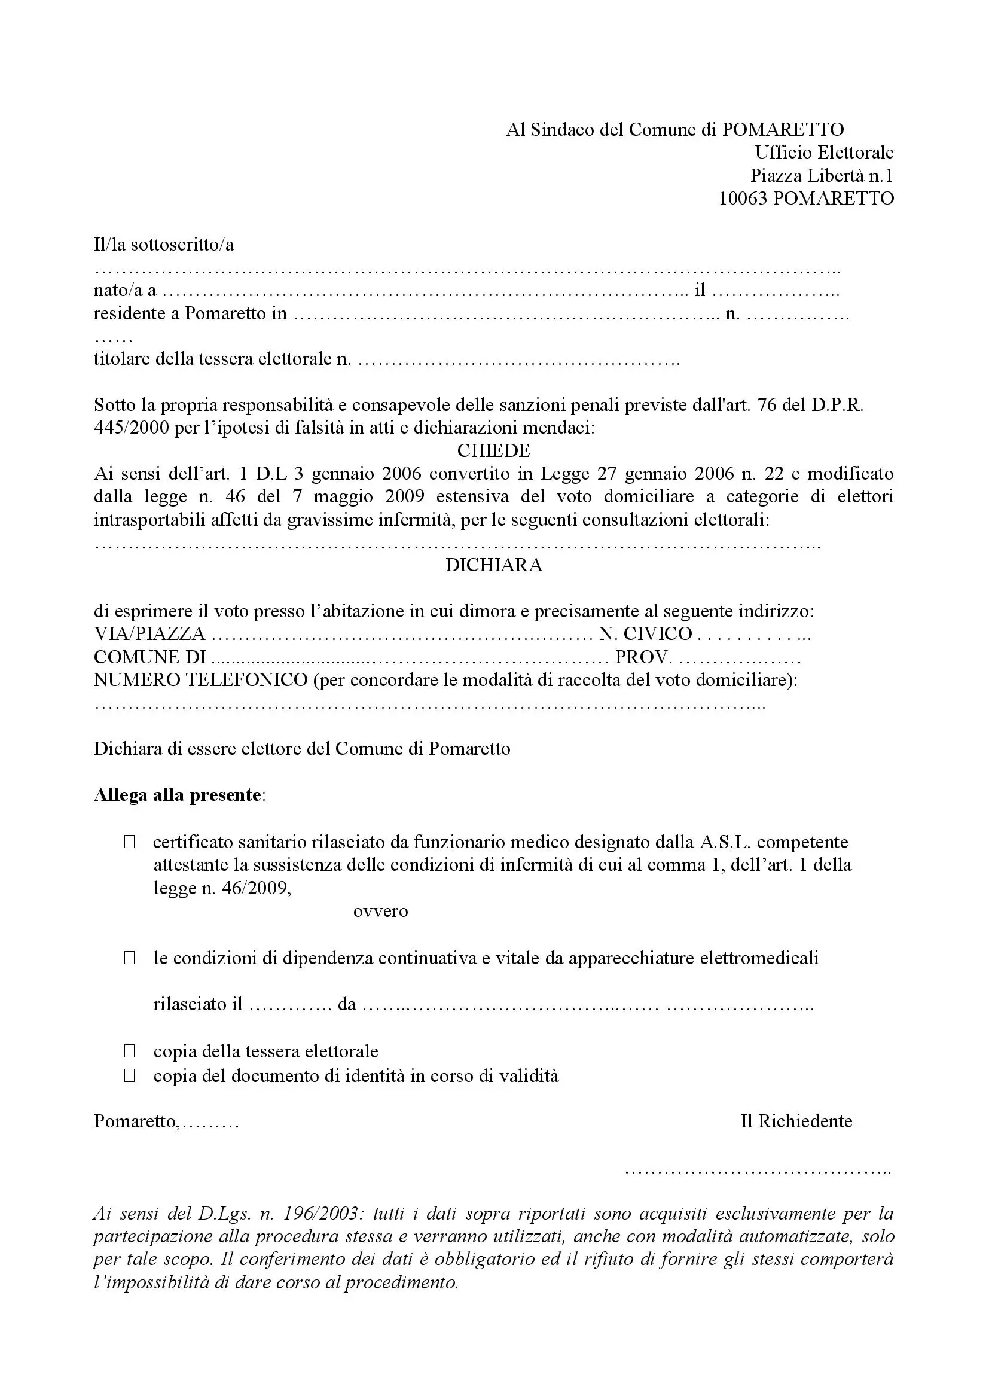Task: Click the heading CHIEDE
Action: pyautogui.click(x=493, y=451)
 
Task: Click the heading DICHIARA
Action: pyautogui.click(x=493, y=565)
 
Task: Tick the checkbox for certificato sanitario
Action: pyautogui.click(x=129, y=842)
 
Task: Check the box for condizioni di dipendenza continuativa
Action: pyautogui.click(x=129, y=958)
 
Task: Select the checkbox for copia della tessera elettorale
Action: pyautogui.click(x=129, y=1051)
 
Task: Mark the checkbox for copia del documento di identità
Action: pyautogui.click(x=129, y=1075)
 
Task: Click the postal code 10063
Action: pyautogui.click(x=743, y=199)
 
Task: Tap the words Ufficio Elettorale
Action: pyautogui.click(x=824, y=153)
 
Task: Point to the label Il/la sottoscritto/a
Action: pyautogui.click(x=163, y=245)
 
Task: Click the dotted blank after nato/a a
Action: pyautogui.click(x=426, y=293)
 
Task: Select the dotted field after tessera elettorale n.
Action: pyautogui.click(x=518, y=361)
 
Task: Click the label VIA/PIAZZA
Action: pyautogui.click(x=149, y=634)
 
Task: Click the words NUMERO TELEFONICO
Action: pyautogui.click(x=200, y=680)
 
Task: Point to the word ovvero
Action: pyautogui.click(x=381, y=912)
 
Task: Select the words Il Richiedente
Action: pyautogui.click(x=796, y=1121)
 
